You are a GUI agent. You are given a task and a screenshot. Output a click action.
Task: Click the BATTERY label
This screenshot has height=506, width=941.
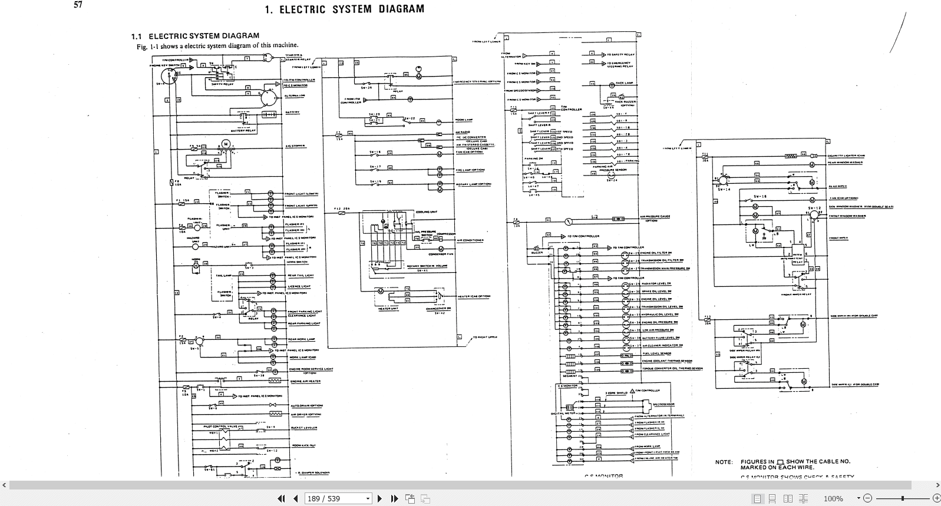(x=292, y=112)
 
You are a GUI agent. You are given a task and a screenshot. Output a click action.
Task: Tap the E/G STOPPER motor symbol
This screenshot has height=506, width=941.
(x=224, y=144)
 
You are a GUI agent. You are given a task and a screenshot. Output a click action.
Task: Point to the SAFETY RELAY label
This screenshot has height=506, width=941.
(x=222, y=85)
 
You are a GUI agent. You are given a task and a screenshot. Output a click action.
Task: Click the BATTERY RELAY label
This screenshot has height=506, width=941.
(x=242, y=130)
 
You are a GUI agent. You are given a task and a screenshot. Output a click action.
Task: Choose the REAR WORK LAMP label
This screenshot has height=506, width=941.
(x=301, y=339)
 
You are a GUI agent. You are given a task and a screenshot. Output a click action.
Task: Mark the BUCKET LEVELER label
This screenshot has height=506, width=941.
(x=303, y=428)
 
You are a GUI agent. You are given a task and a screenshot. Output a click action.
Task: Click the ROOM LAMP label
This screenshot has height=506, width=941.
(x=465, y=120)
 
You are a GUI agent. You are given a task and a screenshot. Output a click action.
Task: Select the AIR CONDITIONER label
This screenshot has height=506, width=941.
(x=469, y=240)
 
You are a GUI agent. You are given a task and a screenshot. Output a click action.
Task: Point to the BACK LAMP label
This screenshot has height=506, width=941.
(x=624, y=83)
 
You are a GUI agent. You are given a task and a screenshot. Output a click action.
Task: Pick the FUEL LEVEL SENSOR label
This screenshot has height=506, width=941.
(x=656, y=353)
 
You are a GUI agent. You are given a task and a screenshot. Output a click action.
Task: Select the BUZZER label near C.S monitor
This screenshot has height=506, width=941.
(x=537, y=252)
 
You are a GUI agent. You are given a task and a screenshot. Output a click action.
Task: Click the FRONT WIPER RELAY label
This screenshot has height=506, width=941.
(x=796, y=294)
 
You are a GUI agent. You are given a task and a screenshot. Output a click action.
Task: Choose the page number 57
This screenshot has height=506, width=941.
(x=78, y=5)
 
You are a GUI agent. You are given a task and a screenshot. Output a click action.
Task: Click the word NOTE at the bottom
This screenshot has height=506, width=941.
(x=724, y=462)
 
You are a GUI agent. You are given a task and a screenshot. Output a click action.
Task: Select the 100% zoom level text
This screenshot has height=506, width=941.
(x=833, y=499)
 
